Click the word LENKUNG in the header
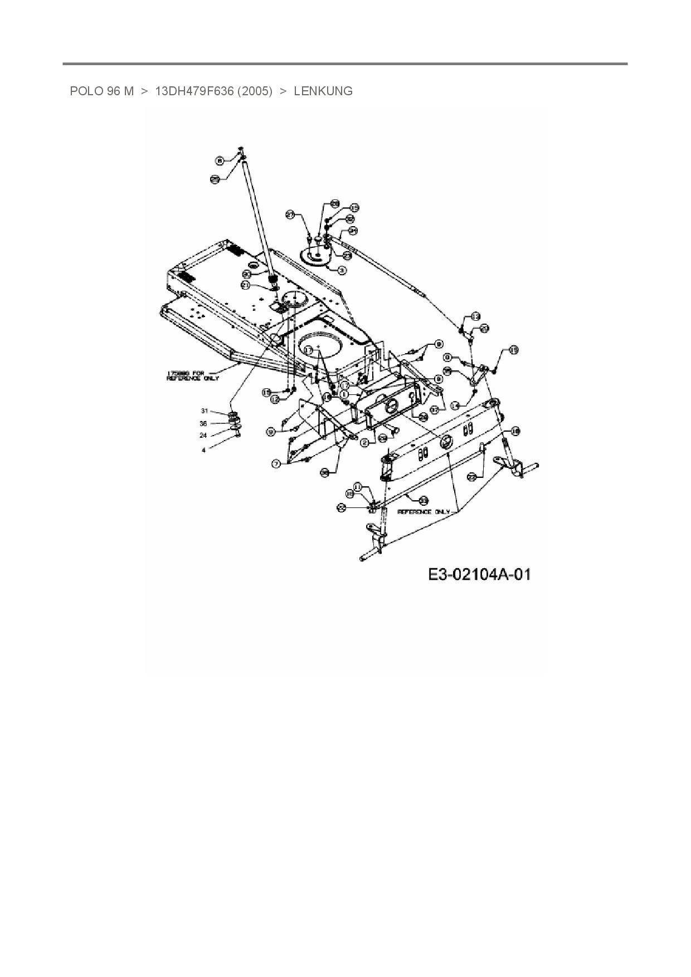click(x=323, y=91)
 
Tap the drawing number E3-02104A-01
click(x=479, y=574)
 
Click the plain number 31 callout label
click(x=204, y=411)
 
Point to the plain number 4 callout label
click(x=203, y=450)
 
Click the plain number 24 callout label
click(x=203, y=436)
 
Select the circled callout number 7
click(x=276, y=463)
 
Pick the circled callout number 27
click(x=290, y=214)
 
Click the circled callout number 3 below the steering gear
click(x=342, y=270)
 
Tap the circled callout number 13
click(x=475, y=316)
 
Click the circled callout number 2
click(x=364, y=443)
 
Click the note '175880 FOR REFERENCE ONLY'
click(x=193, y=375)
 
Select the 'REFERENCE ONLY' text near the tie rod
click(x=423, y=511)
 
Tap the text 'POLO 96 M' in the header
click(x=101, y=91)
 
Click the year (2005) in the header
click(x=255, y=91)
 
